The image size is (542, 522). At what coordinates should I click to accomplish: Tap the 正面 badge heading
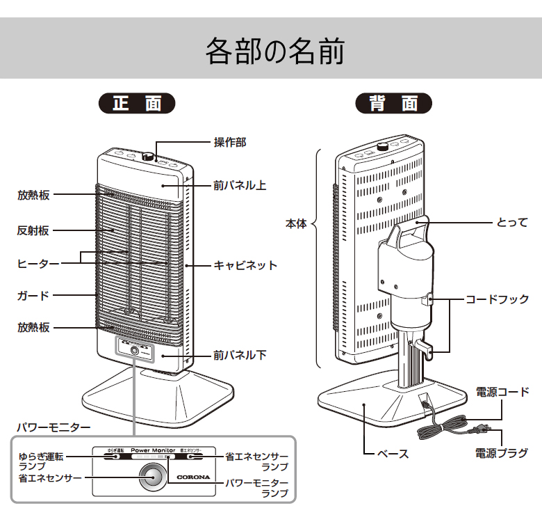(137, 104)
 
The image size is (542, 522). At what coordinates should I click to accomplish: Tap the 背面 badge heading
(394, 104)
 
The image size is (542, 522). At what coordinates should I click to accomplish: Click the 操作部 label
(229, 142)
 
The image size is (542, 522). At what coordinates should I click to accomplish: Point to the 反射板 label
(33, 230)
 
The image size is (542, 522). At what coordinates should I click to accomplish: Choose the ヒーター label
(38, 264)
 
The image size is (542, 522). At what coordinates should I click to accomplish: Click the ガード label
(33, 295)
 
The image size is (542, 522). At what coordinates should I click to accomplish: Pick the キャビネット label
(245, 265)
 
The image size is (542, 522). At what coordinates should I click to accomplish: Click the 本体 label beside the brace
(295, 224)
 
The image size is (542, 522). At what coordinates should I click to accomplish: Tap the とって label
(511, 223)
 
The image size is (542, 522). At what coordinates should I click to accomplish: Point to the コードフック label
(497, 299)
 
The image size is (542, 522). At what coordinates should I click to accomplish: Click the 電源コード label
(502, 392)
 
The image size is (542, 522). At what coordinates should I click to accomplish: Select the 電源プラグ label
(502, 453)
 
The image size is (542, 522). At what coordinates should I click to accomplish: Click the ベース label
(393, 453)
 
